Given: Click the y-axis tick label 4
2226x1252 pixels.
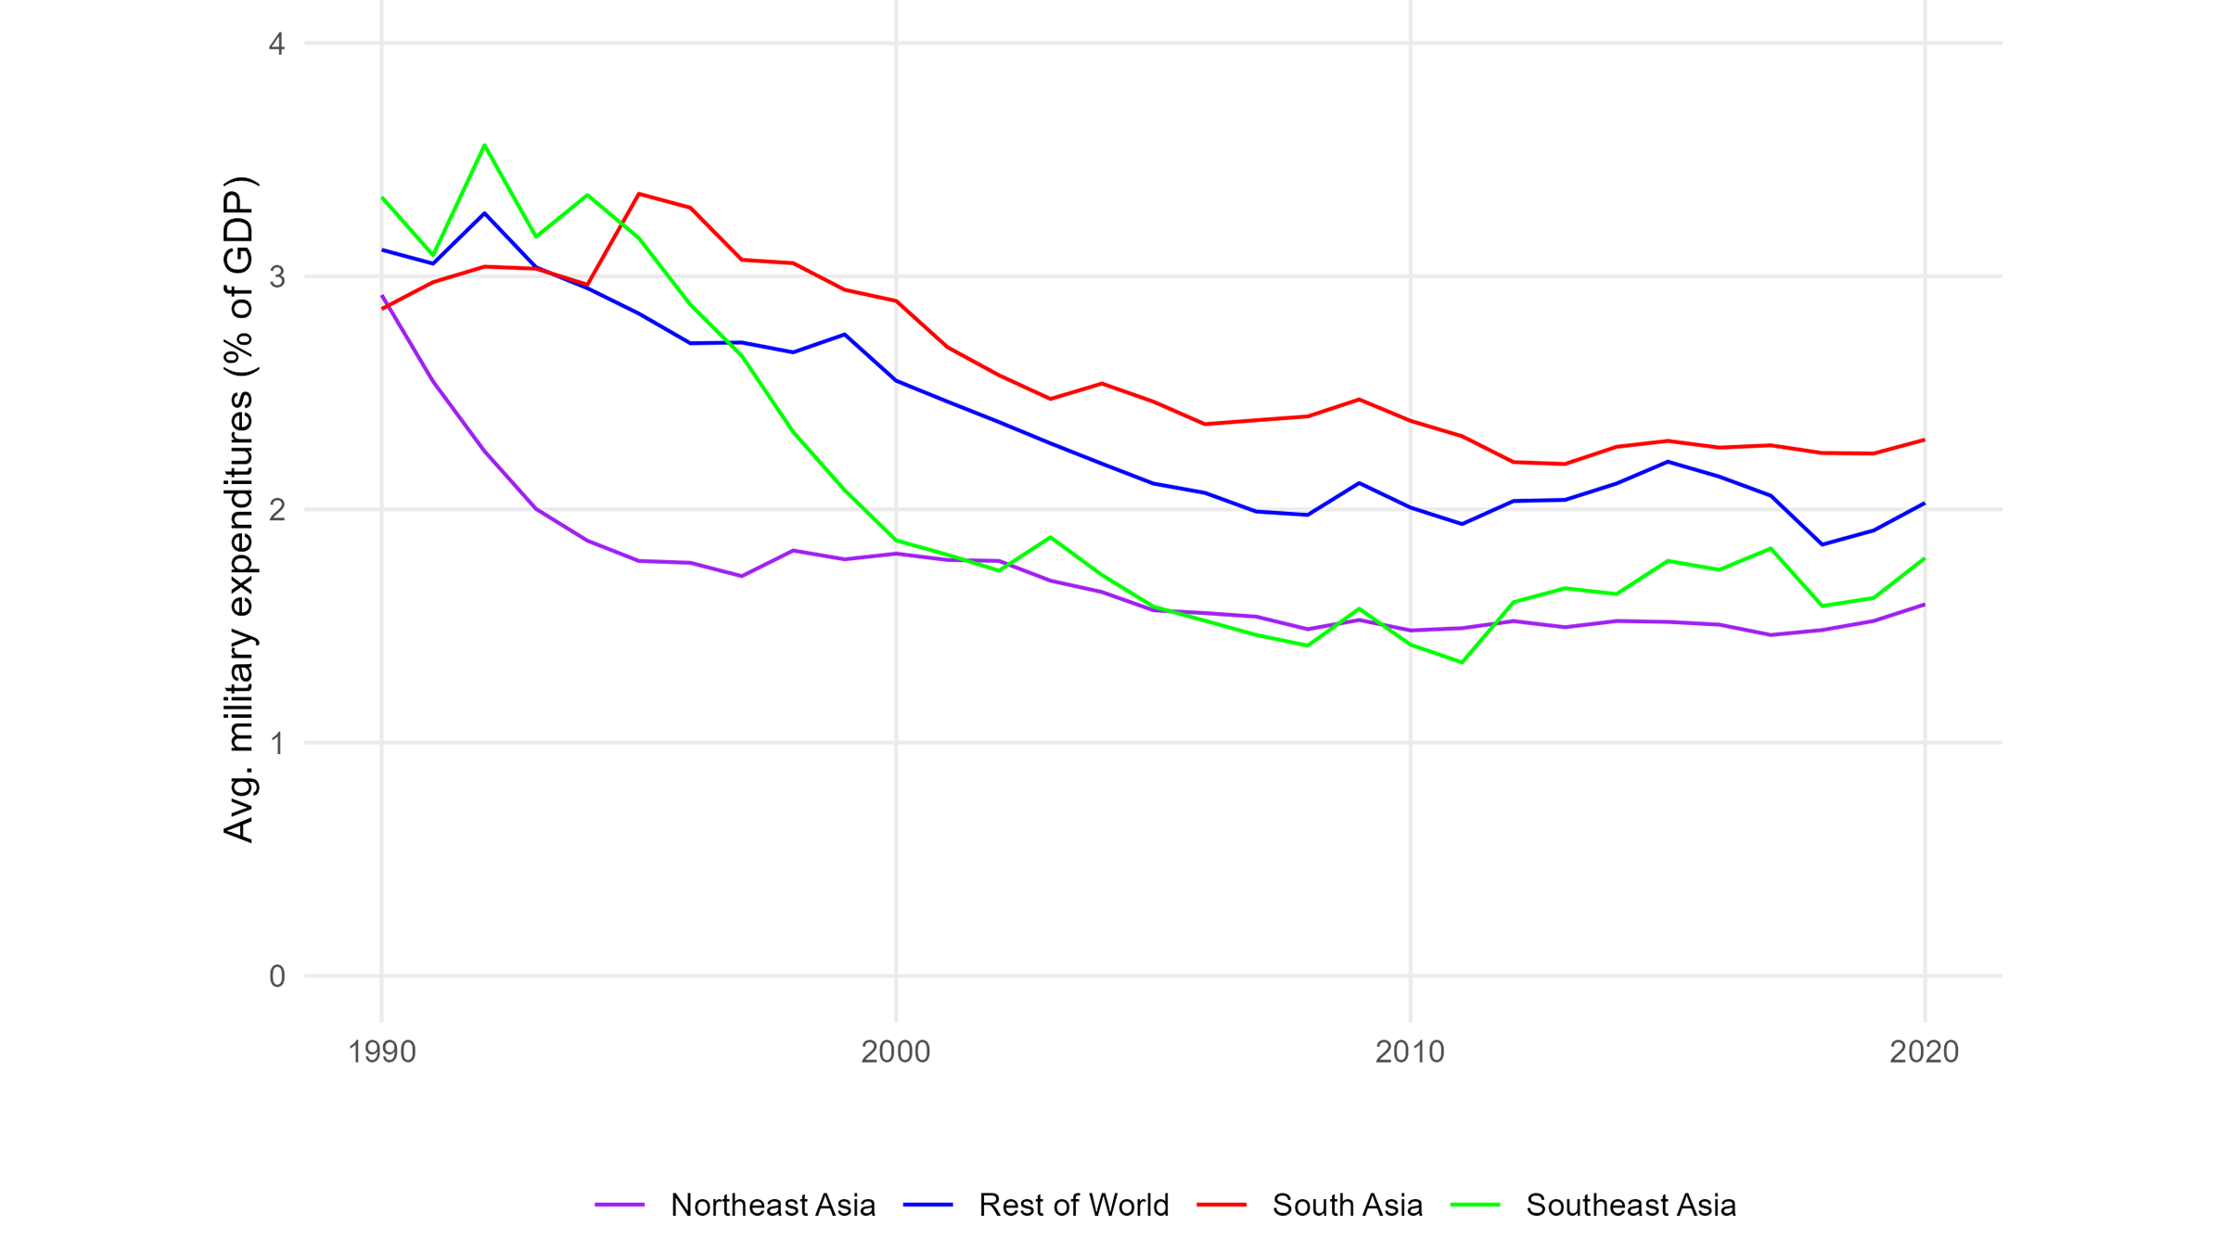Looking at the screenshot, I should coord(276,45).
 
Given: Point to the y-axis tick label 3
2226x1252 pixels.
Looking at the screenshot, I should coord(276,277).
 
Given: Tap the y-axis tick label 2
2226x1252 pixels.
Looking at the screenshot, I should coord(276,510).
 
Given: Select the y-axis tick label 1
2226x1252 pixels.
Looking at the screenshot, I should coord(276,744).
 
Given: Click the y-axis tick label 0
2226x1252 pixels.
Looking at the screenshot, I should coord(276,977).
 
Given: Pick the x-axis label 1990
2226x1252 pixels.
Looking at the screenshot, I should coord(381,1052).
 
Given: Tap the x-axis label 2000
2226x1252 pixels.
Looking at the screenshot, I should coord(895,1052).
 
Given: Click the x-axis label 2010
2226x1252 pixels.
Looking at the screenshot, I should coord(1410,1052).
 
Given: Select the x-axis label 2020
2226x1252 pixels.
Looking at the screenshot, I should coord(1924,1052).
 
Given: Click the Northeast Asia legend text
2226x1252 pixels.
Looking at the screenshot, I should coord(773,1205).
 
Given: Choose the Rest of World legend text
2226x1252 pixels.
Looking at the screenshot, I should coord(1073,1205).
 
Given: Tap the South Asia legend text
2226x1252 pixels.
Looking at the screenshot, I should coord(1347,1205).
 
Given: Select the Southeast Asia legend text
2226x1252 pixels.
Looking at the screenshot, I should coord(1631,1205).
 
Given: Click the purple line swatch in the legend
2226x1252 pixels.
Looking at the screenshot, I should coord(620,1205).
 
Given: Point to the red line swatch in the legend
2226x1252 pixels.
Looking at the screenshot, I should coord(1222,1205).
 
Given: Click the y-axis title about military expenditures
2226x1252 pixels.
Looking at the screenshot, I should coord(239,508).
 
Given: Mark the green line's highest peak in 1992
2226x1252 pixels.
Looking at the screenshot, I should coord(484,145).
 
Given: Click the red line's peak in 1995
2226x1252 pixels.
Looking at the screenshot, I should coord(639,193).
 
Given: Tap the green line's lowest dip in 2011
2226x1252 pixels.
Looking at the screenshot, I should coord(1462,662).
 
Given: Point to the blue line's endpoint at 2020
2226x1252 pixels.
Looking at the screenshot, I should coord(1925,504).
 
